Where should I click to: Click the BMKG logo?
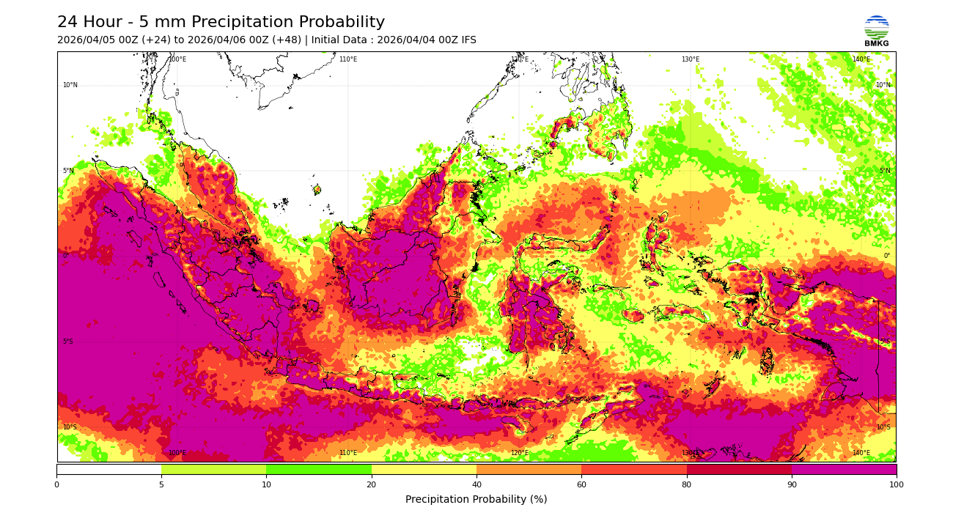[876, 30]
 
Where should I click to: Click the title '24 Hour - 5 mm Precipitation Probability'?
[221, 23]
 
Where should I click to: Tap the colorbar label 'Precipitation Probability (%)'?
[476, 499]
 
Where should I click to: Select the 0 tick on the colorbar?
[56, 484]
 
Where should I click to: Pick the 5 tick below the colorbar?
[161, 484]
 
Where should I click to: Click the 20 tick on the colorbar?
[371, 484]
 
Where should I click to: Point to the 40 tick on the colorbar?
[476, 484]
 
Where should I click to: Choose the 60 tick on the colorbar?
[581, 484]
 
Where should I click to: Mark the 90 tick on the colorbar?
[791, 484]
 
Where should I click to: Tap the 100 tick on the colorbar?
[896, 484]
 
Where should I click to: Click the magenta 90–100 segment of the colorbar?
[844, 469]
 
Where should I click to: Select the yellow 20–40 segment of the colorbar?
[424, 469]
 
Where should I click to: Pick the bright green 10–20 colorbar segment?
[319, 469]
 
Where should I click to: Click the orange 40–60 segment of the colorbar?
[529, 469]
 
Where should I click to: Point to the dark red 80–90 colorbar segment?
[739, 469]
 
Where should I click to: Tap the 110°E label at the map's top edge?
[347, 60]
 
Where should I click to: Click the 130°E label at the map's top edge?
[690, 60]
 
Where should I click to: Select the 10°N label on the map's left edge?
[70, 86]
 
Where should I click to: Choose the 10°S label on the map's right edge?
[883, 427]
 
